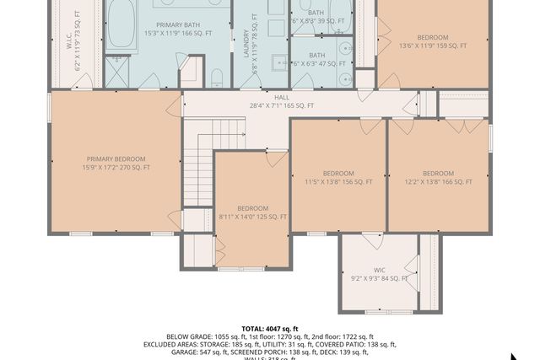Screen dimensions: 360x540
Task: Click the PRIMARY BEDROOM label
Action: (x=116, y=163)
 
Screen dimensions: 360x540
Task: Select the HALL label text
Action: (x=270, y=101)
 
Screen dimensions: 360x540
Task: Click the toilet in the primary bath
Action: (x=217, y=78)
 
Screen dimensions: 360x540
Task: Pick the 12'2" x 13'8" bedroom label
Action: (x=438, y=177)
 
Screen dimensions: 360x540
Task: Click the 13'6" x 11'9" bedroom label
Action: (x=432, y=42)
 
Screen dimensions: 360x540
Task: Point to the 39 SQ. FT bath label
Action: (x=316, y=18)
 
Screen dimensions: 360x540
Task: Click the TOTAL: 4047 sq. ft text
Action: (x=270, y=329)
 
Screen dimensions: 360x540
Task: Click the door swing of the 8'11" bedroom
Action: (x=275, y=159)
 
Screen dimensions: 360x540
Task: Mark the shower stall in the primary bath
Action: (x=121, y=66)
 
